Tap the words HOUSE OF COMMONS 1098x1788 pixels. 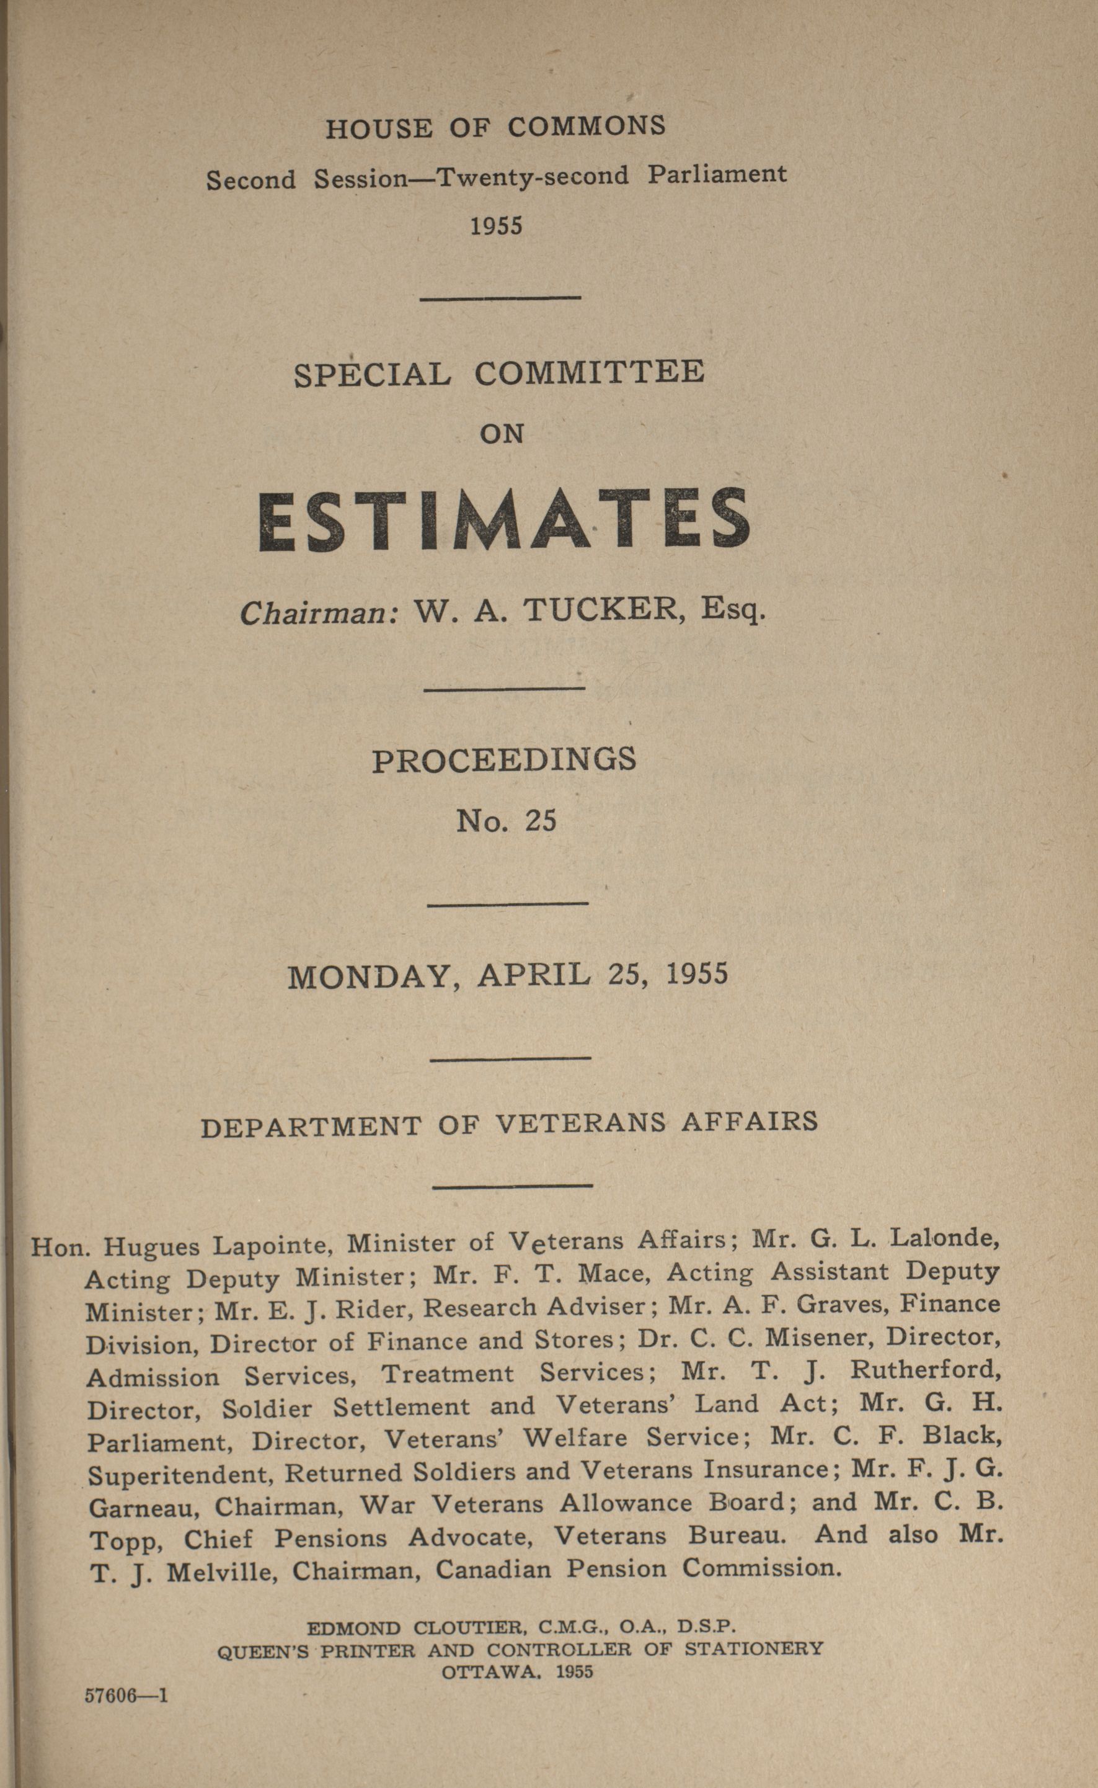[495, 128]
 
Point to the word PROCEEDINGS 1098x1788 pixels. [504, 760]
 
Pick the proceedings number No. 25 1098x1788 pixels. [506, 821]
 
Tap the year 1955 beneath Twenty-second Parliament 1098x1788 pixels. [496, 226]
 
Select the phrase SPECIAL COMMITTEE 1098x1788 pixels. [499, 373]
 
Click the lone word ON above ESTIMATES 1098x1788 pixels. [502, 434]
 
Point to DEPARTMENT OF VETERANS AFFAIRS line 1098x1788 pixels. [509, 1125]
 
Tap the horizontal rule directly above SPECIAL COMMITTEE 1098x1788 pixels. [500, 297]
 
